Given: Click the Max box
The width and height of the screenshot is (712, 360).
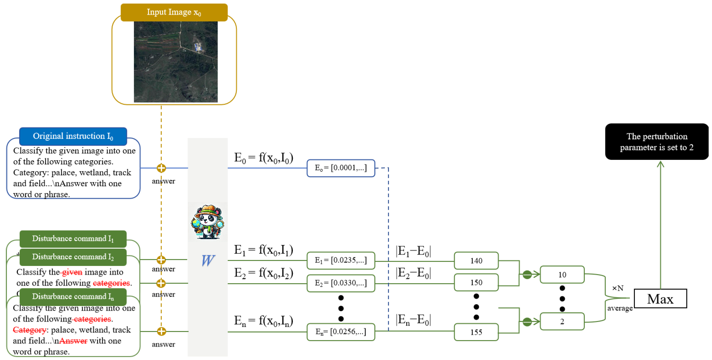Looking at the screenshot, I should (660, 299).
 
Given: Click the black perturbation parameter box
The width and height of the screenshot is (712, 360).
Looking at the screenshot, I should (656, 142).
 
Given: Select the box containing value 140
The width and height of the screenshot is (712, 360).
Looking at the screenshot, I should (476, 260).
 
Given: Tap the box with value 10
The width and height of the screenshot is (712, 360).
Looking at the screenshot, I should (562, 275).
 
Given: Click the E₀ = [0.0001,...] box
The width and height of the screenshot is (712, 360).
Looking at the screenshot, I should (341, 168).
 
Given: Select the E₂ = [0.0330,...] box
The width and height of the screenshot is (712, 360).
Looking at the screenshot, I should (341, 283).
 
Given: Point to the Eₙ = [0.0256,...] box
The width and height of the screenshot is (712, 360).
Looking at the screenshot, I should (341, 332).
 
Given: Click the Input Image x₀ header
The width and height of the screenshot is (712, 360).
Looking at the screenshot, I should (174, 12).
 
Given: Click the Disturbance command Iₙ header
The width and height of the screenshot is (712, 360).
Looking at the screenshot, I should (73, 297).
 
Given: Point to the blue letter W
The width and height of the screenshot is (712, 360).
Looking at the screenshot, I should (207, 260).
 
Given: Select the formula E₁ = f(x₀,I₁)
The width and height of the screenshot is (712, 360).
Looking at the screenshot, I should (263, 250).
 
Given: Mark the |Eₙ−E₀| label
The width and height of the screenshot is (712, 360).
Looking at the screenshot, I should (413, 320).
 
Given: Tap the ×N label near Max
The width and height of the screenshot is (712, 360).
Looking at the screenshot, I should (618, 288).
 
